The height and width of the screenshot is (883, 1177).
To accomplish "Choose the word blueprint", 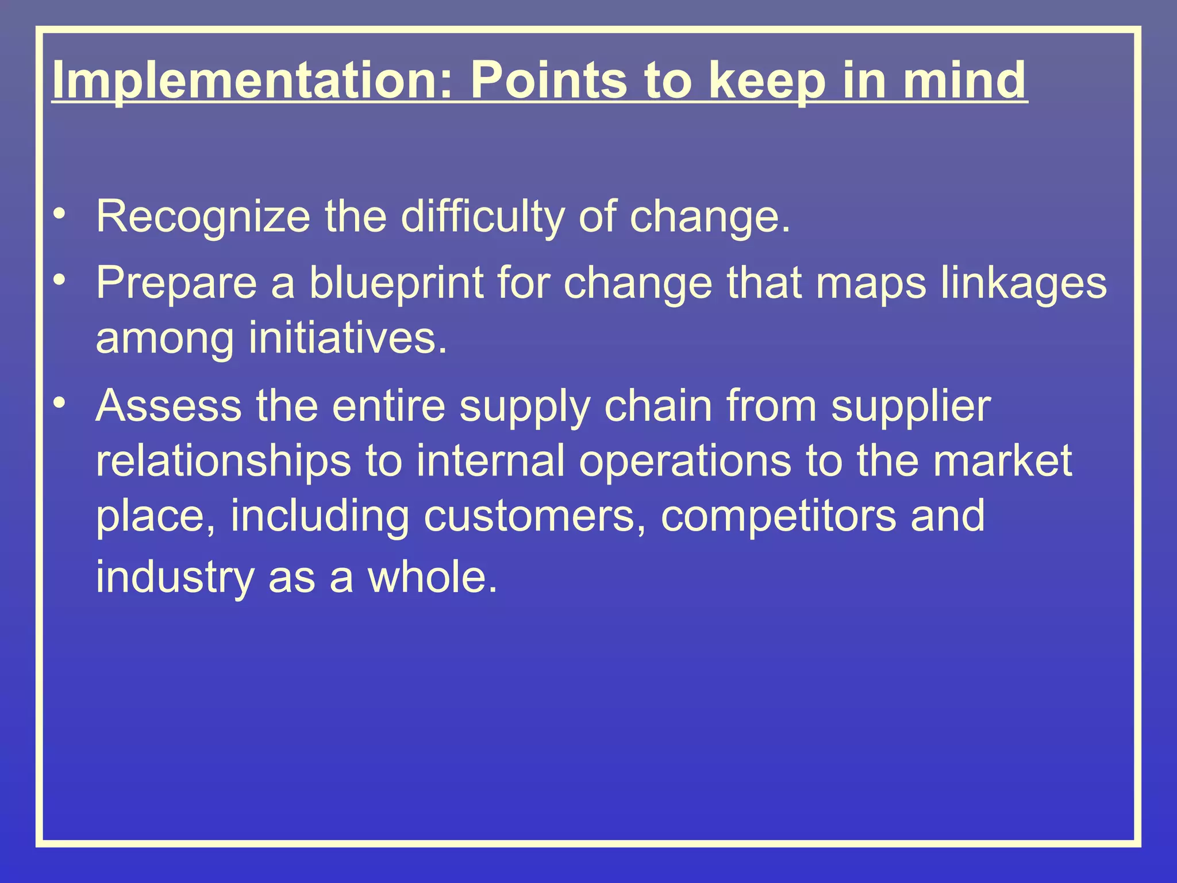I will (x=397, y=283).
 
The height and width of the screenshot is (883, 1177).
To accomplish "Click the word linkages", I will (x=1024, y=283).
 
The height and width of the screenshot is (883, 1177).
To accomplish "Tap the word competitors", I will (x=778, y=516).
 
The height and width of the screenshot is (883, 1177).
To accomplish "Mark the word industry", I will (x=175, y=577).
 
